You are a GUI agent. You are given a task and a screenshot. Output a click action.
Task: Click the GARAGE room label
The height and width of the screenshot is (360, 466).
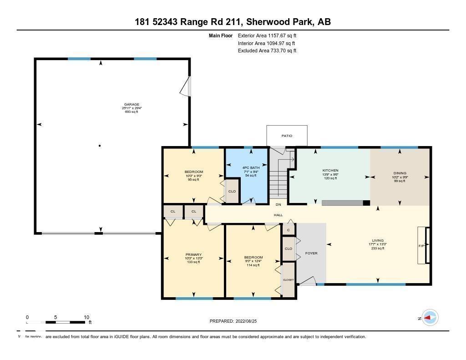pos(132,104)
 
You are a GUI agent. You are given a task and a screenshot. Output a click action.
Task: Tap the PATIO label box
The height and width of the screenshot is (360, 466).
pos(287,136)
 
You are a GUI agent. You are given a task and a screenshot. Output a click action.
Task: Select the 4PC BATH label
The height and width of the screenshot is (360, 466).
pos(248,168)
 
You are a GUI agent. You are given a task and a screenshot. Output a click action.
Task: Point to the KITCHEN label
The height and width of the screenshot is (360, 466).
pos(330,171)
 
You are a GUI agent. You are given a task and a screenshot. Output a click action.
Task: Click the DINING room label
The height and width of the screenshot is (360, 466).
pos(400,173)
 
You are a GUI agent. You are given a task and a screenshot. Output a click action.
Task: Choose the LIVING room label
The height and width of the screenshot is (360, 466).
pos(377,240)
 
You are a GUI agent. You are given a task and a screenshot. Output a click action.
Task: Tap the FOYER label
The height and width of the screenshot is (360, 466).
pos(311,253)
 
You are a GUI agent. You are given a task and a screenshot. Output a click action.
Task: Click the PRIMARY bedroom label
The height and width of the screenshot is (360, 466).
pos(193,254)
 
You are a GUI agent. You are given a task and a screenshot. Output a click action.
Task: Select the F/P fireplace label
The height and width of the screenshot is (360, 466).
pos(421,246)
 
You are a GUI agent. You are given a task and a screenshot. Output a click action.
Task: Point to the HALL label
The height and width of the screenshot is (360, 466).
pos(278,215)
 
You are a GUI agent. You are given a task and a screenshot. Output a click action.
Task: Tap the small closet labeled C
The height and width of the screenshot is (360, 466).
pos(288,230)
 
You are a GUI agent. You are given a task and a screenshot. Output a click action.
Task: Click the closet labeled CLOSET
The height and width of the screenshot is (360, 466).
pos(289,279)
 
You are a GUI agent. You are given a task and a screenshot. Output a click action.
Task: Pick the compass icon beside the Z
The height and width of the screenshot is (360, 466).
pos(430,318)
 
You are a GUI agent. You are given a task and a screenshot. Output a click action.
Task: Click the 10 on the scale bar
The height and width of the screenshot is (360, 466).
pos(86,317)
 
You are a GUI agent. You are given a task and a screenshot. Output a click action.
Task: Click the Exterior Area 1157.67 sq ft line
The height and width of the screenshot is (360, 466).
pos(267,35)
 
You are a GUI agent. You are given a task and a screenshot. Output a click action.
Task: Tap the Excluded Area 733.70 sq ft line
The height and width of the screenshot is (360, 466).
pos(267,51)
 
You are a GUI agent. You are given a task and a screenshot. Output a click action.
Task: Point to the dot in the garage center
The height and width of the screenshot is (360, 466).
pos(100,146)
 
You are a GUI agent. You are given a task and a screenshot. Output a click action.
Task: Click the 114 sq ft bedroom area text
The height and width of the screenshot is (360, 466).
pos(253,265)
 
